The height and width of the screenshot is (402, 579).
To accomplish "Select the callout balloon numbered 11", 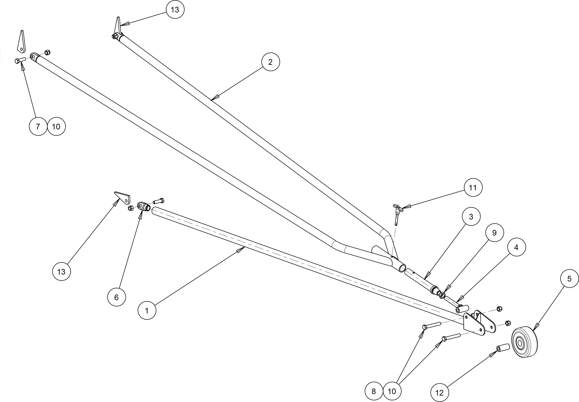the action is point(473,188).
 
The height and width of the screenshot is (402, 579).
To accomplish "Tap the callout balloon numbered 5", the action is point(569,279).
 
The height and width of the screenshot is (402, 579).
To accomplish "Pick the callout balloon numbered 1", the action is point(147,311).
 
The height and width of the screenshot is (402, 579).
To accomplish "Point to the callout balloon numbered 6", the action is point(116,297).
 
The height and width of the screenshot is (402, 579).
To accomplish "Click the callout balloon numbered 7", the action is point(38,126).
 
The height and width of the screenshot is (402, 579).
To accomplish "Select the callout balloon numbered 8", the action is point(374,391).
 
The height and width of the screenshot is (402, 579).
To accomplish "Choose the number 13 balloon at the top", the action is point(175,10).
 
